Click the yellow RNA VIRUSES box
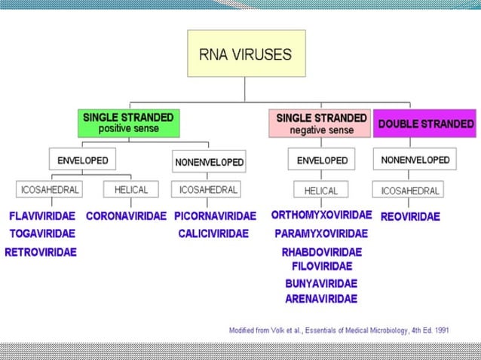pyautogui.click(x=246, y=53)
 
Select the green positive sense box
pyautogui.click(x=128, y=124)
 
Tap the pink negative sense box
pyautogui.click(x=321, y=124)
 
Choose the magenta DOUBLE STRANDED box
pyautogui.click(x=425, y=124)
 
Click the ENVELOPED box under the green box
pyautogui.click(x=83, y=160)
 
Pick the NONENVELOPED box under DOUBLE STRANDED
pyautogui.click(x=415, y=160)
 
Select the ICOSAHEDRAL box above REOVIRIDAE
pyautogui.click(x=412, y=189)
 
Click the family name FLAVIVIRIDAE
pyautogui.click(x=42, y=216)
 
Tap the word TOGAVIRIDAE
pyautogui.click(x=42, y=233)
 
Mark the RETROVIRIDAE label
pyautogui.click(x=41, y=252)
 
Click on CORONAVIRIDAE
pyautogui.click(x=126, y=216)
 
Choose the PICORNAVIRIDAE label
pyautogui.click(x=215, y=216)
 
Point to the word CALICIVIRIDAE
pyautogui.click(x=213, y=233)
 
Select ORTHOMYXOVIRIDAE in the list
pyautogui.click(x=321, y=215)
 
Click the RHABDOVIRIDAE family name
pyautogui.click(x=322, y=252)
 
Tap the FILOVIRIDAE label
pyautogui.click(x=322, y=266)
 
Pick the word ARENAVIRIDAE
pyautogui.click(x=321, y=299)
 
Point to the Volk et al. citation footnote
pyautogui.click(x=339, y=330)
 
